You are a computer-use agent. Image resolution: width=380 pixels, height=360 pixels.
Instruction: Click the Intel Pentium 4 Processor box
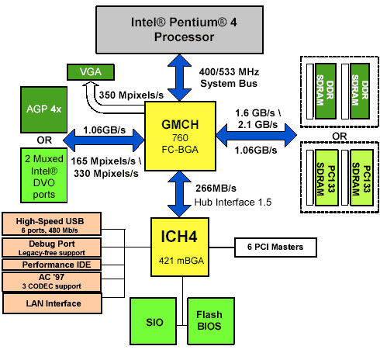[179, 29]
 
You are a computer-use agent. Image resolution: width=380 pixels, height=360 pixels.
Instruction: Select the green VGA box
[91, 72]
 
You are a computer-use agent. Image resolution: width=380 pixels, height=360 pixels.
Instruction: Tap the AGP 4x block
[43, 109]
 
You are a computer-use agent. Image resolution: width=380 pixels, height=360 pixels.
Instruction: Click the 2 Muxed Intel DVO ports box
[43, 175]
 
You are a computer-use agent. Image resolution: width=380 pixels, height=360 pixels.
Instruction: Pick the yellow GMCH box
[180, 136]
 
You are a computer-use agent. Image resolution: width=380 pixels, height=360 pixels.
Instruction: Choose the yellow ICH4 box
[180, 247]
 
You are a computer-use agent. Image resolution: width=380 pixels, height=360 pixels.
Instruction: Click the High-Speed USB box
[51, 224]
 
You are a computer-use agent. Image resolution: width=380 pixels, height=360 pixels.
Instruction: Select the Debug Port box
[51, 247]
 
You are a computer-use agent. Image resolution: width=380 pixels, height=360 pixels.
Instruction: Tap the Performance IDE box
[51, 265]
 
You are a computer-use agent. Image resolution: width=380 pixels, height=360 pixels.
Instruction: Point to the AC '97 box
[51, 282]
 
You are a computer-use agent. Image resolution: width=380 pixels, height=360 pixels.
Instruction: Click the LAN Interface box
[52, 303]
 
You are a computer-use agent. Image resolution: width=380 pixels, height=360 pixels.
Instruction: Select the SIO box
[154, 321]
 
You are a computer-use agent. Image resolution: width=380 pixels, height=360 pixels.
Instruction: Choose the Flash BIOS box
[211, 321]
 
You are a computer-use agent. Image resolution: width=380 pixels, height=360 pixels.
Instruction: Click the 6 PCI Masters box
[275, 247]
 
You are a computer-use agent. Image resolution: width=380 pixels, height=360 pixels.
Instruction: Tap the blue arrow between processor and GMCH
[179, 78]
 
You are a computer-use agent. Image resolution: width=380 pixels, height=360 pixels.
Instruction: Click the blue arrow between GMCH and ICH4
[179, 194]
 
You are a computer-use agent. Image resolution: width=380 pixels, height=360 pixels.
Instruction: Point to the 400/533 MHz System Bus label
[229, 78]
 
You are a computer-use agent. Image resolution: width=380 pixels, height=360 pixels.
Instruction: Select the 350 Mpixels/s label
[131, 95]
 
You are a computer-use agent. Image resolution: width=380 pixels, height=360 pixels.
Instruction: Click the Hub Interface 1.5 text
[233, 202]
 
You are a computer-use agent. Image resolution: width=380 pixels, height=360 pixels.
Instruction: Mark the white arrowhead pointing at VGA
[90, 85]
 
